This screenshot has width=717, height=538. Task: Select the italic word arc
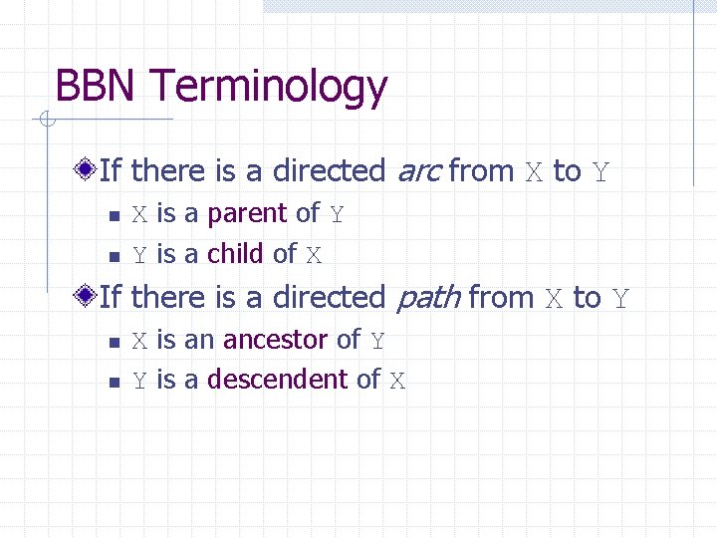pyautogui.click(x=417, y=171)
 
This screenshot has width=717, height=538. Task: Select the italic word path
pyautogui.click(x=428, y=298)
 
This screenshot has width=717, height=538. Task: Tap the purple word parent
pyautogui.click(x=248, y=214)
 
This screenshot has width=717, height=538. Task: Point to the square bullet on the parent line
pyautogui.click(x=114, y=215)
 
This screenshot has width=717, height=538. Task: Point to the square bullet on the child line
pyautogui.click(x=114, y=255)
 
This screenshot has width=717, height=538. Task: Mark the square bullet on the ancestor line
pyautogui.click(x=114, y=341)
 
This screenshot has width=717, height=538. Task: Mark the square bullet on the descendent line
pyautogui.click(x=114, y=381)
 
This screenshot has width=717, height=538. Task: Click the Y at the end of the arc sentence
pyautogui.click(x=600, y=172)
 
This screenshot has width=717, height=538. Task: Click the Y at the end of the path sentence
pyautogui.click(x=620, y=298)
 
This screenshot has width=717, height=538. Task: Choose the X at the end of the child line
pyautogui.click(x=314, y=255)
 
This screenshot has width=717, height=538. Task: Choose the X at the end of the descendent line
pyautogui.click(x=397, y=381)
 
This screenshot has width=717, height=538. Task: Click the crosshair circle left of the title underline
pyautogui.click(x=45, y=122)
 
